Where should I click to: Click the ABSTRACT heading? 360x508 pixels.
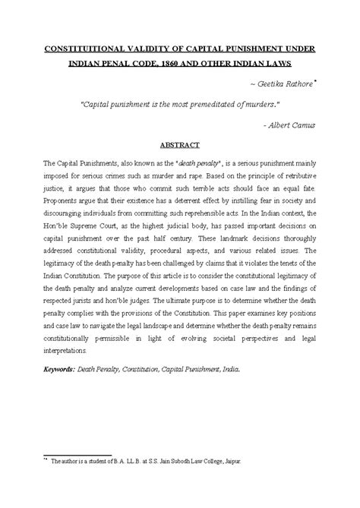click(179, 143)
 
